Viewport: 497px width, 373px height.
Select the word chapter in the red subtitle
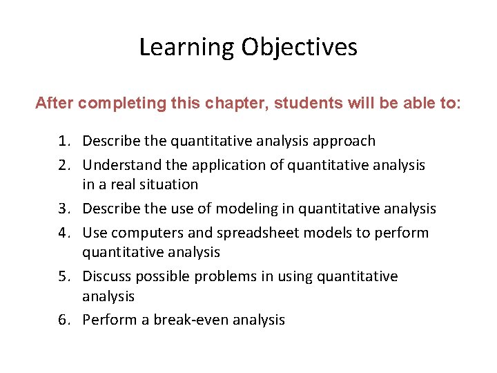(236, 104)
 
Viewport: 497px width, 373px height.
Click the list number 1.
(64, 142)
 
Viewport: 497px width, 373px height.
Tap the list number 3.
(64, 209)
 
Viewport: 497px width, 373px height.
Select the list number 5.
(64, 276)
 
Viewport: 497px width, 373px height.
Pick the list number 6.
(64, 320)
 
